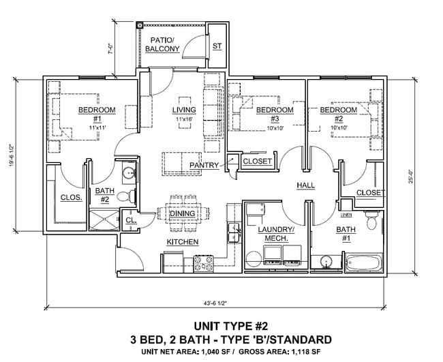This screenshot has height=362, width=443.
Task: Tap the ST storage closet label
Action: [x=217, y=46]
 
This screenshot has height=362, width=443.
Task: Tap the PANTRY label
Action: [x=203, y=165]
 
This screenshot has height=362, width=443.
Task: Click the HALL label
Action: [x=305, y=185]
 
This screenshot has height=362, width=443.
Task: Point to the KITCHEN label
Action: [x=183, y=242]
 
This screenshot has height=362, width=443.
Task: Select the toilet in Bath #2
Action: [x=124, y=197]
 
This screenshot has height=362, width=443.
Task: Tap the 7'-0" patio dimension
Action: [x=121, y=48]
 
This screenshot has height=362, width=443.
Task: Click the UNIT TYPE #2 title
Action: [x=231, y=325]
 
